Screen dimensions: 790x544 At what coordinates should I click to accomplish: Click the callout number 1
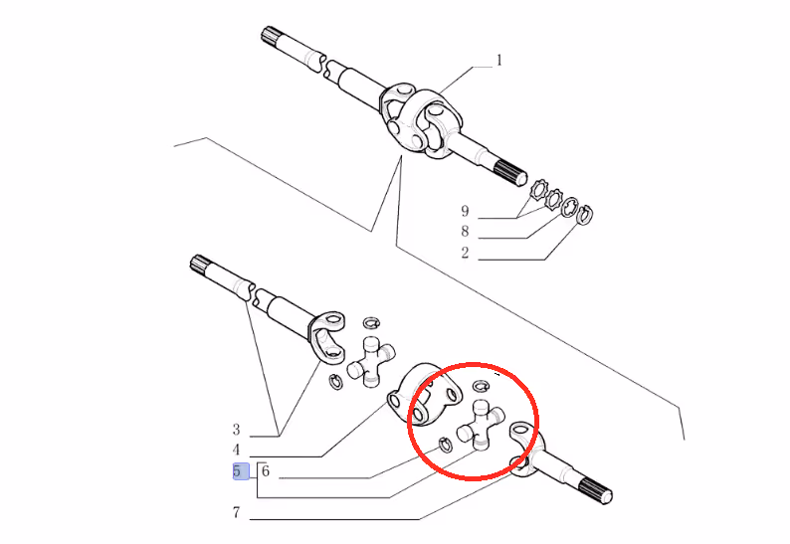coord(499,61)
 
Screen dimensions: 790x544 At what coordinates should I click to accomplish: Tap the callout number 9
coord(465,211)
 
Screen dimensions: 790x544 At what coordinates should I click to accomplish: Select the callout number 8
coord(465,231)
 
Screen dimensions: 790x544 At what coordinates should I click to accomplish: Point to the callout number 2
coord(465,253)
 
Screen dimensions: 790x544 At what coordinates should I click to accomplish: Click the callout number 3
coord(236,430)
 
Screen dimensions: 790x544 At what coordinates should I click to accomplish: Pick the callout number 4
coord(236,450)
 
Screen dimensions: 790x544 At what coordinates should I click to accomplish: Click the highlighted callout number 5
coord(237,471)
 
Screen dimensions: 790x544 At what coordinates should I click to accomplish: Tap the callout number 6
coord(266,471)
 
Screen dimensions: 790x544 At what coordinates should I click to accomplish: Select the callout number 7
coord(236,512)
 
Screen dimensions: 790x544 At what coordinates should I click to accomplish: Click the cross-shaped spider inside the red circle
coord(480,425)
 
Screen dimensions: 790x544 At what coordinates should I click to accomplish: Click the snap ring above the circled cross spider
coord(482,386)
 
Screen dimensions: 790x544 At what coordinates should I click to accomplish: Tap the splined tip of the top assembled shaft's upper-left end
coord(269,35)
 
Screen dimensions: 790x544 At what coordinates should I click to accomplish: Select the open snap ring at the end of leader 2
coord(585,215)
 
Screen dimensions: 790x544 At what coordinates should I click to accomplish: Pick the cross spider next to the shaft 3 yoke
coord(371,362)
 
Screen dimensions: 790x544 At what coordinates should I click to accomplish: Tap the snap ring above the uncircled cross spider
coord(371,322)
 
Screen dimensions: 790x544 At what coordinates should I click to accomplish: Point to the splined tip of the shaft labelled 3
coord(199,264)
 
